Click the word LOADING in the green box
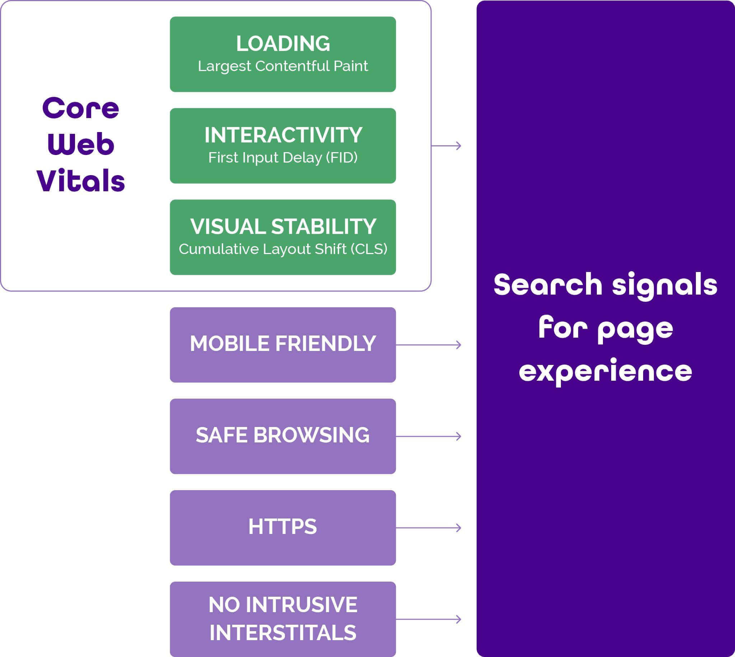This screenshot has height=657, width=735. pyautogui.click(x=283, y=43)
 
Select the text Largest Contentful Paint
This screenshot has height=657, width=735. pyautogui.click(x=283, y=66)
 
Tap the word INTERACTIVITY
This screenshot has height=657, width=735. pyautogui.click(x=283, y=135)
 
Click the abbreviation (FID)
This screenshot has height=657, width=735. pyautogui.click(x=342, y=158)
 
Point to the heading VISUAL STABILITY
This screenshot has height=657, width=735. pyautogui.click(x=283, y=226)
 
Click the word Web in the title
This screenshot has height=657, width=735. pyautogui.click(x=80, y=144)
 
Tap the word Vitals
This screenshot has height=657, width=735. pyautogui.click(x=80, y=180)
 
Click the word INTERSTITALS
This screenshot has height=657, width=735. pyautogui.click(x=283, y=633)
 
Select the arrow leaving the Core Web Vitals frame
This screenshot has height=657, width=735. pyautogui.click(x=446, y=146)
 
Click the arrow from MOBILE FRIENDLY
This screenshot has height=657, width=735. pyautogui.click(x=429, y=345)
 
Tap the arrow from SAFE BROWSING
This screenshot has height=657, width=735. pyautogui.click(x=429, y=436)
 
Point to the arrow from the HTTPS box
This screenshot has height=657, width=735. pyautogui.click(x=429, y=528)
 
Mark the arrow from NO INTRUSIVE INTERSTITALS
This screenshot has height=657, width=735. pyautogui.click(x=429, y=619)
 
